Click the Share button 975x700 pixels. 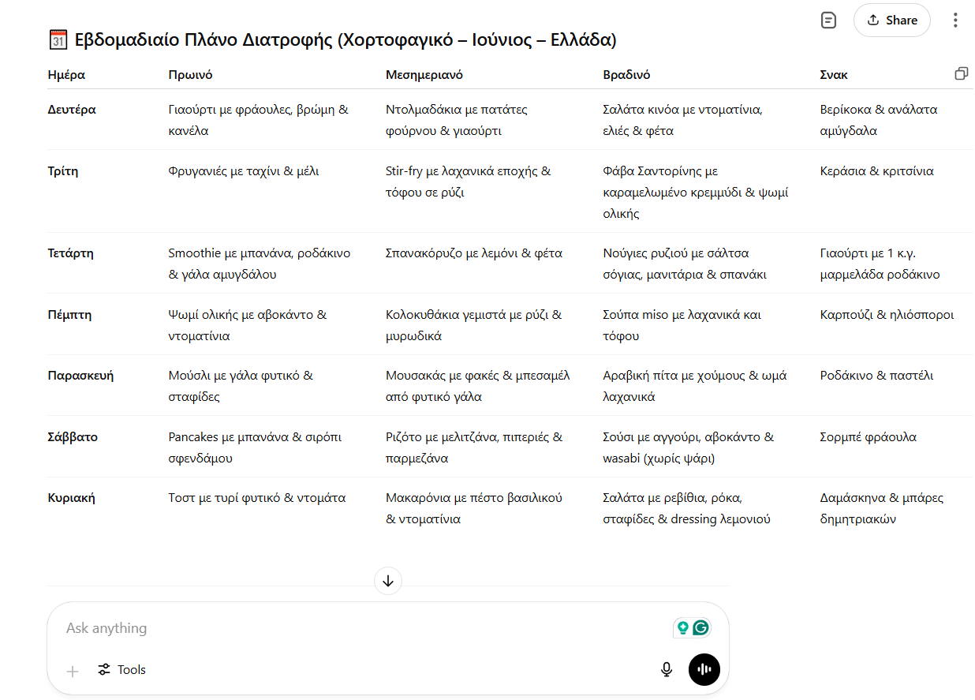coord(891,21)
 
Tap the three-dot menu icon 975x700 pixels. coord(955,21)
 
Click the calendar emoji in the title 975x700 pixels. coord(58,40)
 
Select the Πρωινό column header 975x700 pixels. coord(190,75)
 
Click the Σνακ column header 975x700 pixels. coord(834,75)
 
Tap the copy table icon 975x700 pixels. coord(961,73)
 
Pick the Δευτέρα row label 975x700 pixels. coord(72,110)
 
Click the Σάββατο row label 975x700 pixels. coord(73,437)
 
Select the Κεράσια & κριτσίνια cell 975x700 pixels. coord(876,171)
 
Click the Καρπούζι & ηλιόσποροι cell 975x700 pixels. coord(887,315)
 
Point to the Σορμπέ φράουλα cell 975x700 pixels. coord(868,437)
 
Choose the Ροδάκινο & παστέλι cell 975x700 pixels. coord(876,376)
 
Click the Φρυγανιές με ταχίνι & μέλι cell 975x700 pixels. coord(244,171)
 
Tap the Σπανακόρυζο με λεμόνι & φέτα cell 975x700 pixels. coord(473,253)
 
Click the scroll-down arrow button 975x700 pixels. coord(388,582)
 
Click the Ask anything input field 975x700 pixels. coord(355,628)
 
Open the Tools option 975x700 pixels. coord(122,670)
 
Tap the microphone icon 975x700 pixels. coord(667,670)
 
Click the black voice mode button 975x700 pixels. coord(704,670)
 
